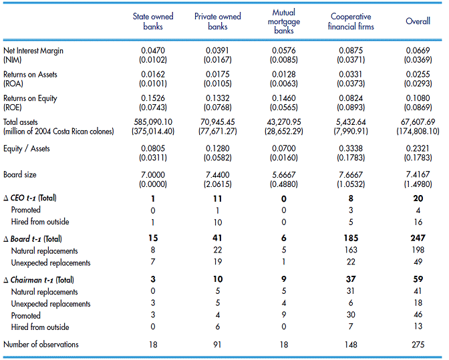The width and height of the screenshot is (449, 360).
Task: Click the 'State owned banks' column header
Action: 153,21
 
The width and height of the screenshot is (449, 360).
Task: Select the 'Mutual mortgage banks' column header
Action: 284,21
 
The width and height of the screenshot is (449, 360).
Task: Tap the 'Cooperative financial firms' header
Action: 351,21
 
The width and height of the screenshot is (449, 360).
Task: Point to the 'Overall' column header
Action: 418,21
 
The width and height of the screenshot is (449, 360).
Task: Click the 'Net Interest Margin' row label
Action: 33,51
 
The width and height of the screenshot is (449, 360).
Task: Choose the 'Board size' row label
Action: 20,174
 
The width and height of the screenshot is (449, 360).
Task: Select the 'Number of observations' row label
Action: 41,344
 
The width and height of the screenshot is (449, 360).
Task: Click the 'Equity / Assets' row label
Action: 26,148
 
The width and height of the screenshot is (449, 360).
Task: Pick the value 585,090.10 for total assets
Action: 153,122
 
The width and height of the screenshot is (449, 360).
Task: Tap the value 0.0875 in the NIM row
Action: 351,51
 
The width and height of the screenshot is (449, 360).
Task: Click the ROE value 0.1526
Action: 153,98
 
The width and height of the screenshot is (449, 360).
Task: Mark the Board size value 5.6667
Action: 284,174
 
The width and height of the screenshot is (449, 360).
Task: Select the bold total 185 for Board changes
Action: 351,238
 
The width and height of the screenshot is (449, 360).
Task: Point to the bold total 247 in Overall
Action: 418,238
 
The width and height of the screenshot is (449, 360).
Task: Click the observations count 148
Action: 351,345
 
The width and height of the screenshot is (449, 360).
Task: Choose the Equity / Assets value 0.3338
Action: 351,148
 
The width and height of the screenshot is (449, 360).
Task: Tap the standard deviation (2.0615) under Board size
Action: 218,184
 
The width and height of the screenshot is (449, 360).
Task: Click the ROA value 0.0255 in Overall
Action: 418,74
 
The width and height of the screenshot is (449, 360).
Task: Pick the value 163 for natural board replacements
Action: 351,250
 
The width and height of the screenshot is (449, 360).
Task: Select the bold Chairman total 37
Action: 351,279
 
